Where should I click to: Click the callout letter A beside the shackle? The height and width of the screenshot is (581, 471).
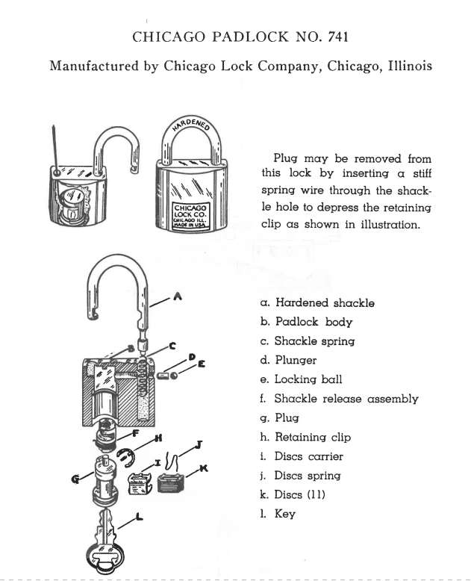pyautogui.click(x=177, y=296)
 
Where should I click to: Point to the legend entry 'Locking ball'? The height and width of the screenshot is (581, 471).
pyautogui.click(x=305, y=379)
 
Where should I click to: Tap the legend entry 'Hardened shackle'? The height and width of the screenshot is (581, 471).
pyautogui.click(x=317, y=302)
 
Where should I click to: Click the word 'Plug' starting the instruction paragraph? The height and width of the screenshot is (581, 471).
pyautogui.click(x=287, y=159)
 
